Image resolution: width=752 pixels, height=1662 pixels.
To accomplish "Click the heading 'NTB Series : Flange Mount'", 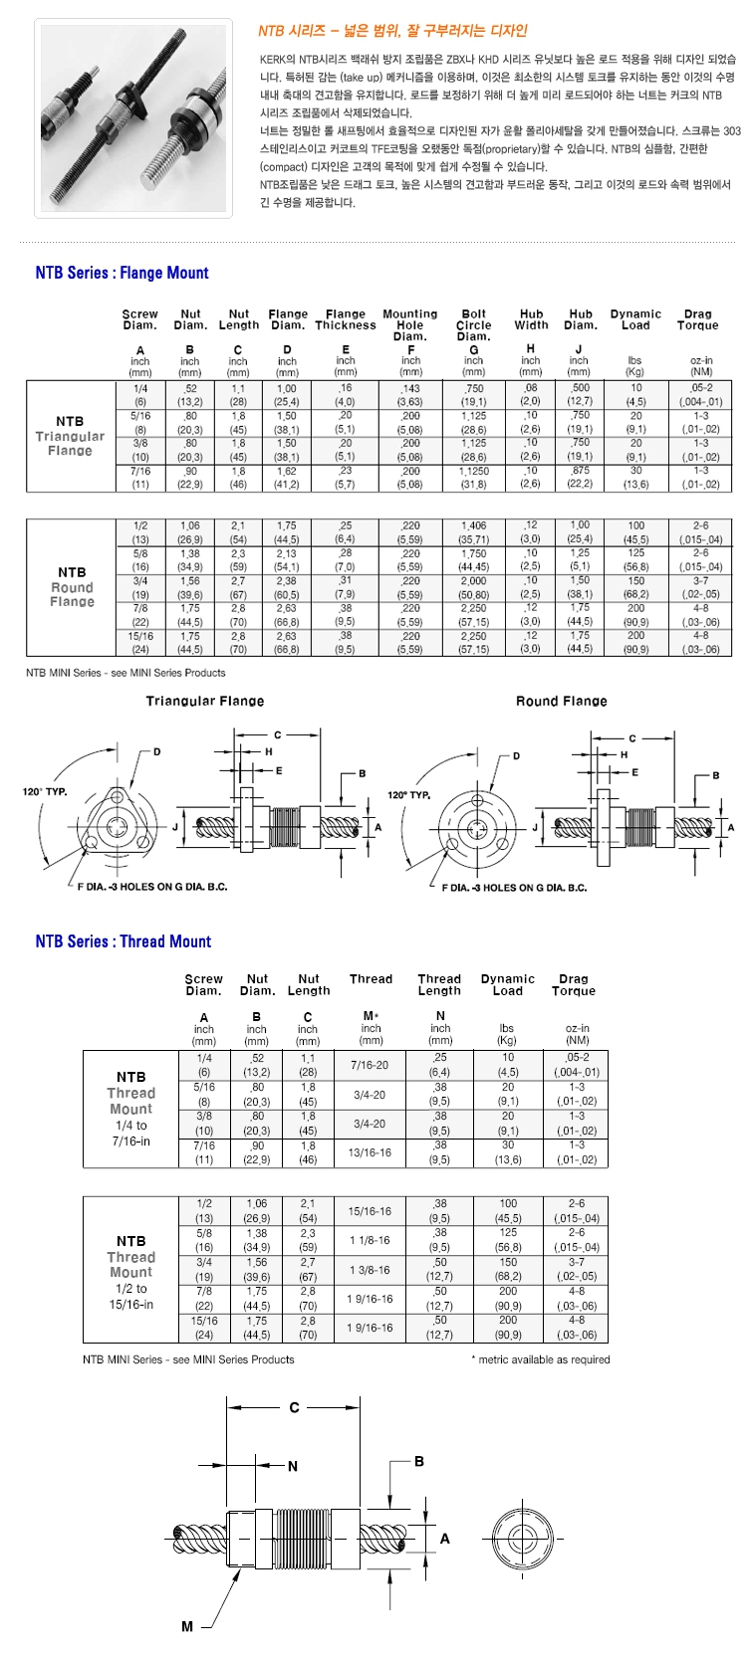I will [x=122, y=273].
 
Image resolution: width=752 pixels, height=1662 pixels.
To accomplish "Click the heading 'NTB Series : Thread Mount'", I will [x=123, y=941].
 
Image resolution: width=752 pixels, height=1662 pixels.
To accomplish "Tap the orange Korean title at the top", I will [x=392, y=31].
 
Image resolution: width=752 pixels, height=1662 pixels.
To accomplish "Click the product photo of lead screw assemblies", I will [x=133, y=118].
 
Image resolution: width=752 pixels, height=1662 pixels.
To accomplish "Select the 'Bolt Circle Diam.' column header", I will [x=474, y=325].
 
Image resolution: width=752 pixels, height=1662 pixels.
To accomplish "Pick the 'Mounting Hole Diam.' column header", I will [x=410, y=325].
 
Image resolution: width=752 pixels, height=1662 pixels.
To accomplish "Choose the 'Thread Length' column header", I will [x=439, y=984].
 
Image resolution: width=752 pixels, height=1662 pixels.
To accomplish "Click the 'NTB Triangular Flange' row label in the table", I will [x=70, y=436].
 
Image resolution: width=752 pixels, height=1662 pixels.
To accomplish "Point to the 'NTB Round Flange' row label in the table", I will [x=72, y=587].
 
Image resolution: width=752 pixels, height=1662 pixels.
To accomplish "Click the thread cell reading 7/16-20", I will [x=370, y=1065].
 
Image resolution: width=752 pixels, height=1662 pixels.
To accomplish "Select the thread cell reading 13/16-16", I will [x=370, y=1152].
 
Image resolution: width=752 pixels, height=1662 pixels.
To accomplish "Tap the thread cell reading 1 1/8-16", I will [x=370, y=1240].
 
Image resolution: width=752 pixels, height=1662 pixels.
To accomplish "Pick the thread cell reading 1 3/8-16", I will [x=370, y=1270].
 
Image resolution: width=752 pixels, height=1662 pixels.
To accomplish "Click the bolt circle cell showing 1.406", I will [x=473, y=525].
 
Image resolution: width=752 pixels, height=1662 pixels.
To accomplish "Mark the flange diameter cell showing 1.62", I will [x=287, y=471].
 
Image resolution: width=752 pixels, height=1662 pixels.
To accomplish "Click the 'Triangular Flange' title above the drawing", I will [x=205, y=702].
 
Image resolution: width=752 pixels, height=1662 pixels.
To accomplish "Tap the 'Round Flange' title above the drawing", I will [x=561, y=702].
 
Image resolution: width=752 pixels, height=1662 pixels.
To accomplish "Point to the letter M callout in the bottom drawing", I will [x=187, y=1626].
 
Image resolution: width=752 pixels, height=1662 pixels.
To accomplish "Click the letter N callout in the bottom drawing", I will [x=293, y=1466].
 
